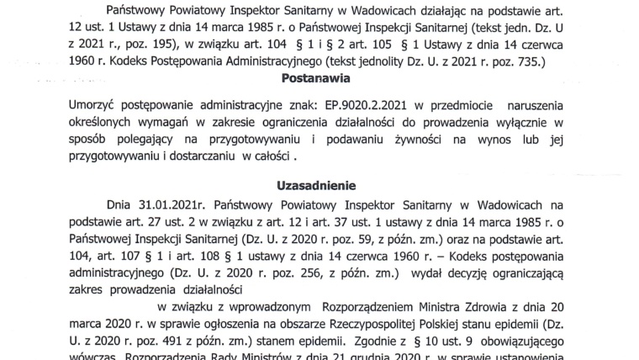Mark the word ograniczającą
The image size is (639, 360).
[x=531, y=279]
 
